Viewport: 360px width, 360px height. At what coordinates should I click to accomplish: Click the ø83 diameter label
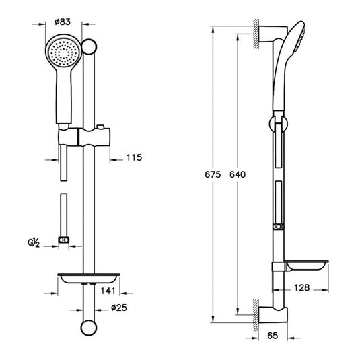(63, 22)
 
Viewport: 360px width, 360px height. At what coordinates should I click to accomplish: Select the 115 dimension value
(135, 158)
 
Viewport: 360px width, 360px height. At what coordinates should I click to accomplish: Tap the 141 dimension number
(106, 291)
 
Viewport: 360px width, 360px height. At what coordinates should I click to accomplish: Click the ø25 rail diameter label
(119, 309)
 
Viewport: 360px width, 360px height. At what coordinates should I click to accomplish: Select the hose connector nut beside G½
(64, 239)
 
